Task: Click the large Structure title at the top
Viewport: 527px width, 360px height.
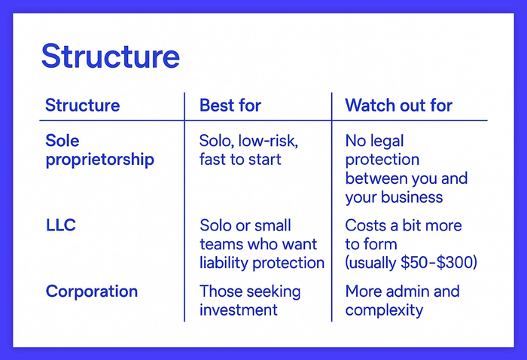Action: [110, 56]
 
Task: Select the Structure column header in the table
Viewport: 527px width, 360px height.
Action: [82, 105]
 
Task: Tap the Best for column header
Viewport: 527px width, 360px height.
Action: [230, 105]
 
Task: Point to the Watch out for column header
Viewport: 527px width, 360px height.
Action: [398, 105]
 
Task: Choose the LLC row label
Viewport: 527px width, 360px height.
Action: [61, 225]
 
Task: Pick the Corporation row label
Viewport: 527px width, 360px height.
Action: [91, 291]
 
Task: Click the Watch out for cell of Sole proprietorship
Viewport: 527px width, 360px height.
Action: [406, 169]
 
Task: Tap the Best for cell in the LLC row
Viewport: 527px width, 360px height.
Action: [261, 244]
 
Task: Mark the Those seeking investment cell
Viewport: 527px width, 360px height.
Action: [249, 301]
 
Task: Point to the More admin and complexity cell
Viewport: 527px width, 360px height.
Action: [401, 301]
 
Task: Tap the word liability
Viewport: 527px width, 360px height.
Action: [224, 263]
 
